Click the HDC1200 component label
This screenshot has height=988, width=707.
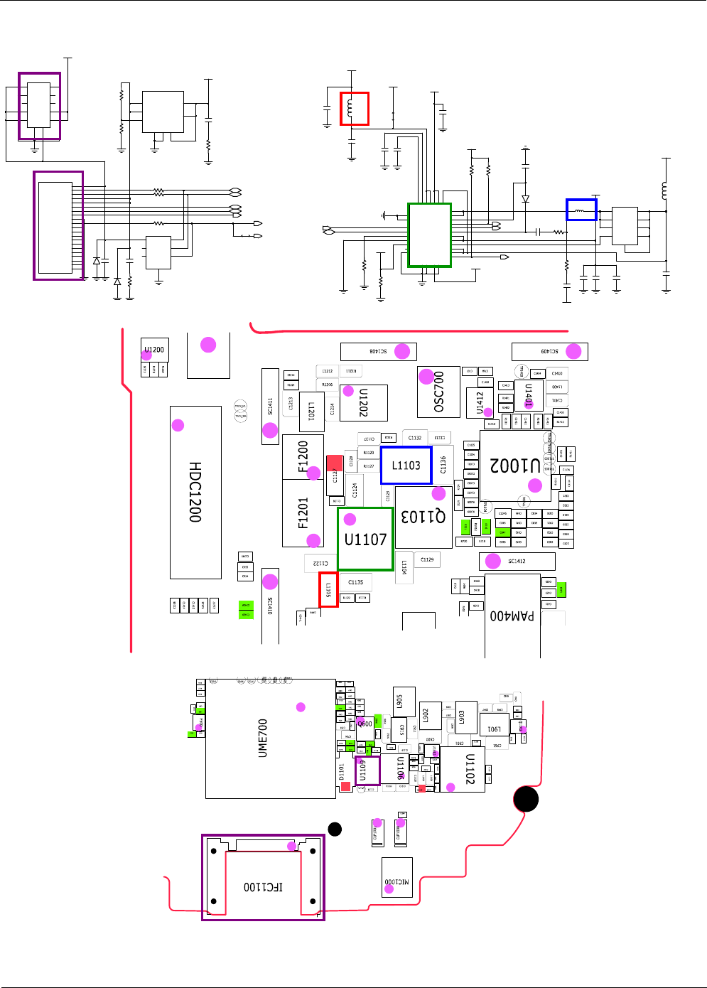pos(195,492)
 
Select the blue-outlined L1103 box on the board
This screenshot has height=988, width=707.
pos(406,466)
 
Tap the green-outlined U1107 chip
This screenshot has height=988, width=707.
pos(365,539)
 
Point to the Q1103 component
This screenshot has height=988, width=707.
pos(423,517)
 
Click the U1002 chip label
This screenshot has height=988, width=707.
pos(515,466)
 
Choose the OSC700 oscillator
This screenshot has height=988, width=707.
pos(438,392)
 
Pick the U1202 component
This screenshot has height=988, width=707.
pos(364,402)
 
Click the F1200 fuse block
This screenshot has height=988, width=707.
pos(303,457)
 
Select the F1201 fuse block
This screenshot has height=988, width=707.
pos(303,513)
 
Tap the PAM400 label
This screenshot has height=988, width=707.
pos(512,616)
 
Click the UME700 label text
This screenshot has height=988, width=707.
pos(263,738)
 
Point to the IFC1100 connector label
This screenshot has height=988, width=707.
pos(263,887)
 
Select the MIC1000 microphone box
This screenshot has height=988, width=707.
pos(397,878)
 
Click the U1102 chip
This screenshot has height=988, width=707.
pos(469,769)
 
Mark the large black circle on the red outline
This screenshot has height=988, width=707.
pos(526,799)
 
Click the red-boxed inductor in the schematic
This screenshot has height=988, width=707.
pos(355,109)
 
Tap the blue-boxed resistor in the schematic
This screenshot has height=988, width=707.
pos(581,210)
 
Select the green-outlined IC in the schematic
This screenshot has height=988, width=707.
pos(429,235)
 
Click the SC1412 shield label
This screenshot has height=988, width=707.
pos(517,562)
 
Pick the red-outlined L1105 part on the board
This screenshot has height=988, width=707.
pos(328,590)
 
